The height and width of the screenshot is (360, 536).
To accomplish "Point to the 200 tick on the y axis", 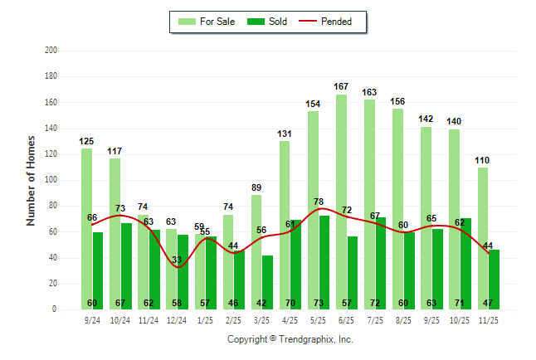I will point(51,51).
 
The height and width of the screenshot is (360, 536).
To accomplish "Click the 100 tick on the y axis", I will point(51,180).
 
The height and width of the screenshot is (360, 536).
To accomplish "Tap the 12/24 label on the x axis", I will point(177,319).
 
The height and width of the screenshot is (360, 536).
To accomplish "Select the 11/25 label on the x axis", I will point(488,319).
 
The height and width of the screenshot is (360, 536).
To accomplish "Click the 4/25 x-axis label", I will point(290,319).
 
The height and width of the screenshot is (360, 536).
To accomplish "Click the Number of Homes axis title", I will point(32,180).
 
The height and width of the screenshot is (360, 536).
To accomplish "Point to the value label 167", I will point(341,86).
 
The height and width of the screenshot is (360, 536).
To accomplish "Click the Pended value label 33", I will point(176,260).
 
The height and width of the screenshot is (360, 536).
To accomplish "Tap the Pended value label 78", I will point(319,202).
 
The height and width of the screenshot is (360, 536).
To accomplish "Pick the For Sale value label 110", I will point(483,160).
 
